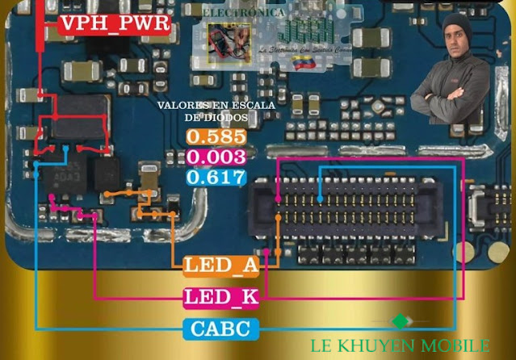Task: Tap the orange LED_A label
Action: [220, 266]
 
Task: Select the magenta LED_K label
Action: [220, 297]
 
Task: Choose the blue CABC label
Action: [224, 329]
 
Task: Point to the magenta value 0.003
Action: [215, 157]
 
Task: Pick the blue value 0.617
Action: [215, 177]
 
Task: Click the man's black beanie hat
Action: [456, 22]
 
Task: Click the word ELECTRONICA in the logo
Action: [242, 14]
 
